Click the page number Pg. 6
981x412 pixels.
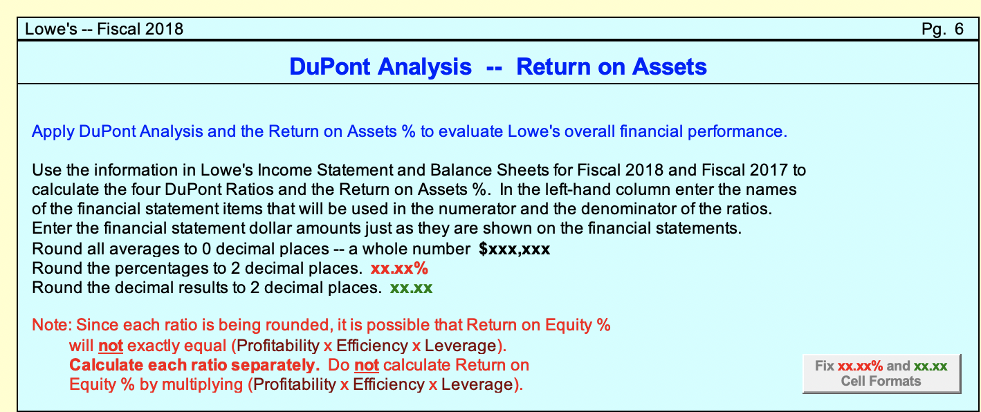click(942, 29)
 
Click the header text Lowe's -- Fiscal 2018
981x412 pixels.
click(104, 29)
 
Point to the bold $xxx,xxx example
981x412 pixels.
click(514, 250)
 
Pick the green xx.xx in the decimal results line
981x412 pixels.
click(412, 288)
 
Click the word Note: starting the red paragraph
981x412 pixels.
click(51, 325)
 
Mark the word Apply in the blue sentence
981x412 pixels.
click(52, 131)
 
